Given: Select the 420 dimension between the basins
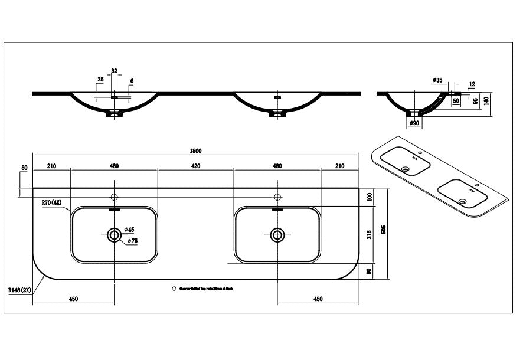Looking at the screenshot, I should (195, 166).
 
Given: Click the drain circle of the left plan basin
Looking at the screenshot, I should (115, 235).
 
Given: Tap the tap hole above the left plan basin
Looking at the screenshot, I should (115, 197).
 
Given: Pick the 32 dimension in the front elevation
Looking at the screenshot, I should (115, 71).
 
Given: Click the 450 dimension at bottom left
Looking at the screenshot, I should (73, 299).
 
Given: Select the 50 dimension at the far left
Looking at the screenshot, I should (24, 168).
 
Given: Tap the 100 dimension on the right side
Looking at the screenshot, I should (370, 195).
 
